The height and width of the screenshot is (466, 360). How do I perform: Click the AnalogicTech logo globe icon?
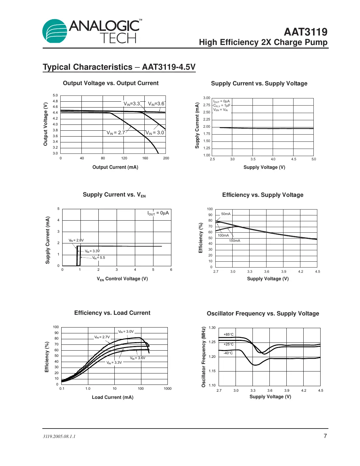[54, 31]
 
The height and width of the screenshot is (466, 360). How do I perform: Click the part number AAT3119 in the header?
[305, 32]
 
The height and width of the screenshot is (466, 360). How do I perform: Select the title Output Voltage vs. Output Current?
[110, 83]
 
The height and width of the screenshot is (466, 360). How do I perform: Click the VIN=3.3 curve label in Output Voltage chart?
[132, 104]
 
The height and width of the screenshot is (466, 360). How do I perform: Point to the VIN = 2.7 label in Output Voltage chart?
[116, 133]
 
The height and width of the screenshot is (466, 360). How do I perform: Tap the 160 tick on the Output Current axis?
[145, 158]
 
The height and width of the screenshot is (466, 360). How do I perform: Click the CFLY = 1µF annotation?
[222, 106]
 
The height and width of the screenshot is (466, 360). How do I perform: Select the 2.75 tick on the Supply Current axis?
[207, 105]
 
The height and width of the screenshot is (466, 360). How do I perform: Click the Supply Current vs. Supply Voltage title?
[259, 83]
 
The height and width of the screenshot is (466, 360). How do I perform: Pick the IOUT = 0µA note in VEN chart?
[158, 213]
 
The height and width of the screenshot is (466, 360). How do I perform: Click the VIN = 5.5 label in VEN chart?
[98, 258]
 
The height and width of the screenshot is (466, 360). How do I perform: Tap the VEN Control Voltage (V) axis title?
[122, 279]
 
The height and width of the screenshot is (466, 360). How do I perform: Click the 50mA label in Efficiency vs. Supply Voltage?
[226, 214]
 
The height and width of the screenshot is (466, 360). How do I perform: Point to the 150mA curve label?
[235, 241]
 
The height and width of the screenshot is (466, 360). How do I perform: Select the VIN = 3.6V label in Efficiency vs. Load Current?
[137, 358]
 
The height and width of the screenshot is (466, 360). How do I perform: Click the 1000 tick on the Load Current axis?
[167, 388]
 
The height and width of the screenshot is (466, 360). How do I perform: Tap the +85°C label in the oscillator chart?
[228, 335]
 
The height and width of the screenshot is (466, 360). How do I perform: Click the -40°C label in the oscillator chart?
[228, 353]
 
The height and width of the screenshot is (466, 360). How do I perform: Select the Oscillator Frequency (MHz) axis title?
[204, 357]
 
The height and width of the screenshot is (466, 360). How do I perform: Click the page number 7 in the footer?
[325, 436]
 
